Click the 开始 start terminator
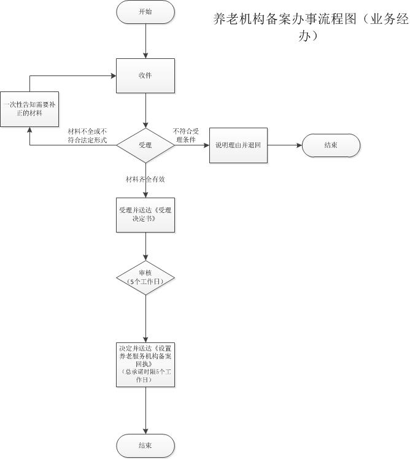click(145, 12)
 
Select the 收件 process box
click(145, 75)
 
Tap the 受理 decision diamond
click(145, 145)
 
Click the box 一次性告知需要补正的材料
click(29, 109)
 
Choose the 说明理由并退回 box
click(238, 145)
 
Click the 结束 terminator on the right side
click(331, 145)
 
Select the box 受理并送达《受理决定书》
click(145, 214)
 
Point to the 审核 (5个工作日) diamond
click(145, 277)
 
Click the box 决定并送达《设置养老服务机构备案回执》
click(145, 364)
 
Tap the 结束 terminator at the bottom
click(145, 445)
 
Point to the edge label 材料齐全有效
click(145, 180)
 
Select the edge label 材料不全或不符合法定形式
click(88, 136)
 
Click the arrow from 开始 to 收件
click(145, 41)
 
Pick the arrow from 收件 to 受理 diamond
click(145, 110)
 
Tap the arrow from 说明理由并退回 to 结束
click(284, 145)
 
